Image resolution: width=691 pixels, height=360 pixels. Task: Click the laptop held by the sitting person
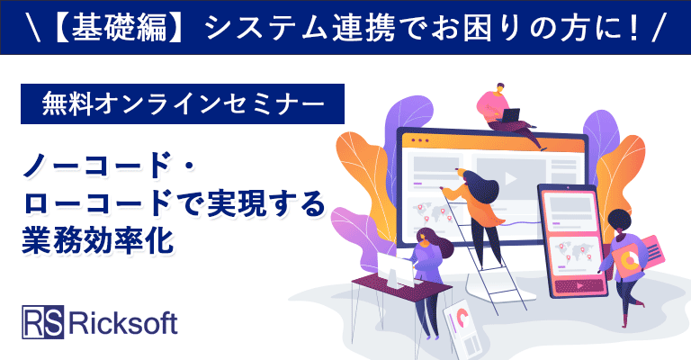509,116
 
